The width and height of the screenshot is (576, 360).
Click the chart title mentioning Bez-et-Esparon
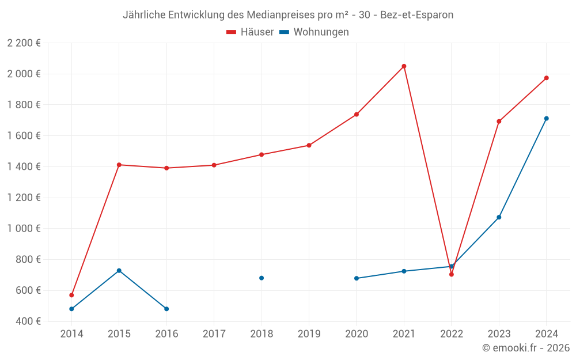click(288, 15)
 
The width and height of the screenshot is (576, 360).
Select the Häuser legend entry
click(250, 32)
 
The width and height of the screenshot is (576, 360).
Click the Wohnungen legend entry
click(314, 32)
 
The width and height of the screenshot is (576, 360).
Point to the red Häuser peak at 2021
click(404, 66)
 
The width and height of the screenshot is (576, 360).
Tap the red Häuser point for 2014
click(71, 295)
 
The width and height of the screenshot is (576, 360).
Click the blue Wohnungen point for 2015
click(119, 271)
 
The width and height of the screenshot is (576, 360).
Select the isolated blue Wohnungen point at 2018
click(262, 278)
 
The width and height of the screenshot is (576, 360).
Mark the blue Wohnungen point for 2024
click(547, 119)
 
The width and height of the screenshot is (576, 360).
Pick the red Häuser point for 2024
click(547, 78)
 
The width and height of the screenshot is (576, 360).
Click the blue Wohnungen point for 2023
click(499, 217)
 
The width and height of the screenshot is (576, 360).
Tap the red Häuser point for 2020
click(357, 115)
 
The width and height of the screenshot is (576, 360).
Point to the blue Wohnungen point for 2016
click(166, 309)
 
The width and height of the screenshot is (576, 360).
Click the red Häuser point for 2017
click(214, 165)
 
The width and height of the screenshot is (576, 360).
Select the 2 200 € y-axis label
click(24, 43)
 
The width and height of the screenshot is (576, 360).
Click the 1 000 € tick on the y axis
click(24, 229)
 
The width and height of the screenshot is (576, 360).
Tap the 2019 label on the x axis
click(309, 334)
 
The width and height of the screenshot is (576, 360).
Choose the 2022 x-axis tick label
click(452, 334)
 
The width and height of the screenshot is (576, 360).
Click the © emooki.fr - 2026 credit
click(526, 348)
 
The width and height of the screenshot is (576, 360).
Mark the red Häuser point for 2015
click(119, 165)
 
